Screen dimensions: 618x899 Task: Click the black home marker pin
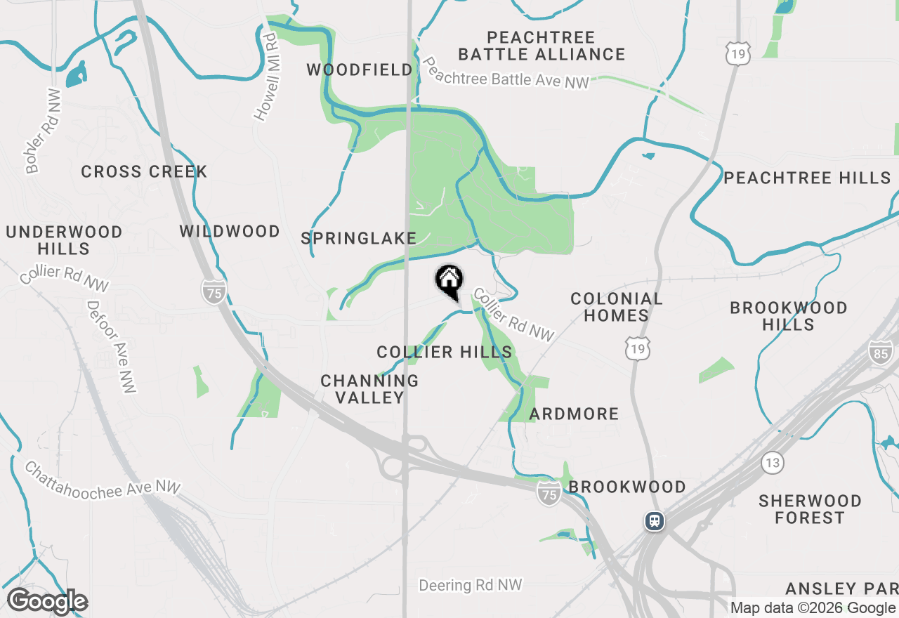pyautogui.click(x=449, y=282)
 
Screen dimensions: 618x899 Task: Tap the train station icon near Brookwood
pyautogui.click(x=655, y=521)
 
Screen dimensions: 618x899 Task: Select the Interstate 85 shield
pyautogui.click(x=881, y=353)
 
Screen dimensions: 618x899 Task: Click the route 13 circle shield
pyautogui.click(x=773, y=463)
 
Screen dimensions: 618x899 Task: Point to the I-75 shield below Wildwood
pyautogui.click(x=214, y=291)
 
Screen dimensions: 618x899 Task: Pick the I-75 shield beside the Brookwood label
pyautogui.click(x=549, y=494)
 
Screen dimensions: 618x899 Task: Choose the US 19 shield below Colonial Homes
pyautogui.click(x=638, y=348)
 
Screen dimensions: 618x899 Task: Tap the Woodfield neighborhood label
pyautogui.click(x=360, y=70)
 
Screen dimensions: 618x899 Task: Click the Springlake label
pyautogui.click(x=359, y=239)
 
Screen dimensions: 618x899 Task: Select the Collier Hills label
pyautogui.click(x=444, y=352)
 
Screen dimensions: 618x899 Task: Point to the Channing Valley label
pyautogui.click(x=369, y=389)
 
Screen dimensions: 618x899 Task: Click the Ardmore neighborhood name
pyautogui.click(x=574, y=414)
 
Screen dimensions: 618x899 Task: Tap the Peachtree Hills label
pyautogui.click(x=807, y=178)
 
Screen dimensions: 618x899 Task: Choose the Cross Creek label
pyautogui.click(x=144, y=171)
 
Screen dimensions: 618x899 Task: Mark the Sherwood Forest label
pyautogui.click(x=810, y=509)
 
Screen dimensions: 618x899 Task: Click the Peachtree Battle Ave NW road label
pyautogui.click(x=506, y=73)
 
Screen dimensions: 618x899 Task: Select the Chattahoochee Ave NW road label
pyautogui.click(x=103, y=478)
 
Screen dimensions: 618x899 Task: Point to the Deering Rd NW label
pyautogui.click(x=471, y=585)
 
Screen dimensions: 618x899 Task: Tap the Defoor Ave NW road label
pyautogui.click(x=111, y=347)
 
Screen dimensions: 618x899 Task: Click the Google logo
pyautogui.click(x=47, y=602)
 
